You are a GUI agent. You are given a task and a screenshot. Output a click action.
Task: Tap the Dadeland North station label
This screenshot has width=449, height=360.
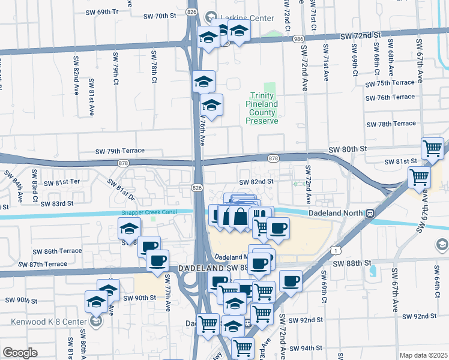337,212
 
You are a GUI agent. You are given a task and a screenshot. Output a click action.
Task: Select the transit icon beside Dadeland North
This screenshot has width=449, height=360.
370,212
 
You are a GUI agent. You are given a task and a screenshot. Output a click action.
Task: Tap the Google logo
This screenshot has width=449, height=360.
19,353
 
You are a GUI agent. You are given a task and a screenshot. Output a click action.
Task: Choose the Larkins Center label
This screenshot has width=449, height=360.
240,18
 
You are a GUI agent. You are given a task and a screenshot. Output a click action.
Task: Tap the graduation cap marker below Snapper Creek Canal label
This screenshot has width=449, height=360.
130,228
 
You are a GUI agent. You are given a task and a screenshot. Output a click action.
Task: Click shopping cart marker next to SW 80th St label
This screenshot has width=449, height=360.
433,148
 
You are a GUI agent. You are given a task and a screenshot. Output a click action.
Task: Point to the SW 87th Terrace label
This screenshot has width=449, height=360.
43,264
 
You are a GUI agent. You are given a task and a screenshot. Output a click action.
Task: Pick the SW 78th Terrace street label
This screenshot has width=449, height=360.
391,124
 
